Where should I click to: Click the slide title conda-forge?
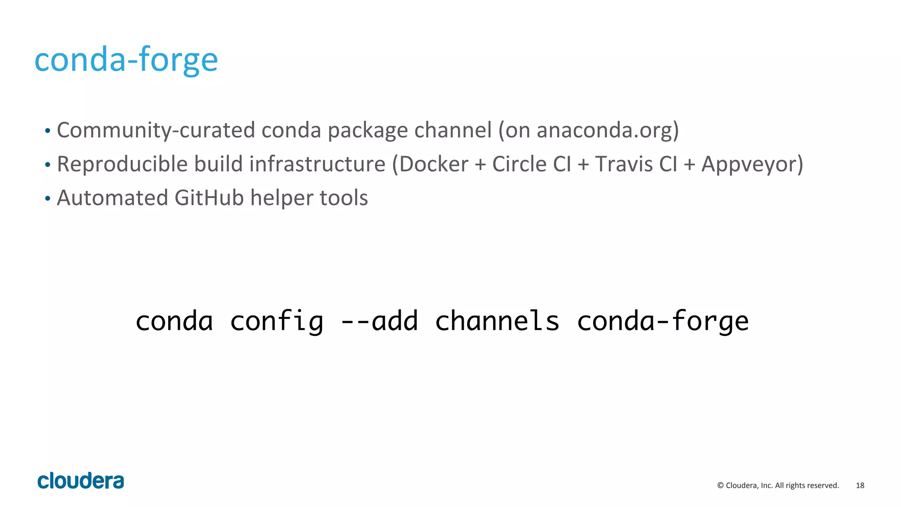click(126, 60)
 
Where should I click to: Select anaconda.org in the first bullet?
click(604, 131)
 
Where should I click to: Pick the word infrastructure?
click(317, 164)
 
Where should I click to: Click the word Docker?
click(434, 164)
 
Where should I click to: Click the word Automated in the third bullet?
click(112, 198)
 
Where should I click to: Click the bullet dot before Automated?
click(48, 199)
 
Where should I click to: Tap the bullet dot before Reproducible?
click(48, 165)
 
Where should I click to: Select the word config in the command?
click(277, 321)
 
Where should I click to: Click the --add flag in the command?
click(380, 321)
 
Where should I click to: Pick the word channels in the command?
click(497, 321)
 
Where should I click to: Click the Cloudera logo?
click(81, 481)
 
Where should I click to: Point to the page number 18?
click(860, 485)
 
